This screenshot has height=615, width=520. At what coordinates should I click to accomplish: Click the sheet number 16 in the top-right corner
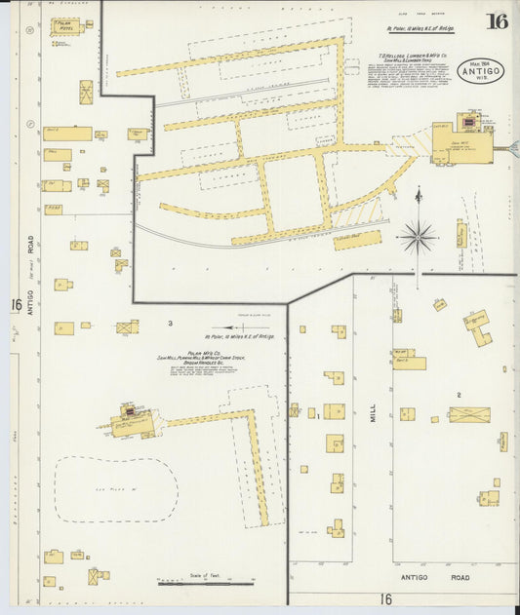(497, 21)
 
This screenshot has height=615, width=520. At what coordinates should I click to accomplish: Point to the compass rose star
(418, 237)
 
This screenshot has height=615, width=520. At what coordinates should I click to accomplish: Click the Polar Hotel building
(67, 26)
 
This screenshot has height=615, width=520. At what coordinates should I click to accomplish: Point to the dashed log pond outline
(115, 490)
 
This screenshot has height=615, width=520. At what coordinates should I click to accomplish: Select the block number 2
(458, 394)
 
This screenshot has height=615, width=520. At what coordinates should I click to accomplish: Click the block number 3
(170, 323)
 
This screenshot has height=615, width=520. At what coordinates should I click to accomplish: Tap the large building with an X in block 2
(468, 414)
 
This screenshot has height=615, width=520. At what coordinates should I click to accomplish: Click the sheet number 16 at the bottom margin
(385, 599)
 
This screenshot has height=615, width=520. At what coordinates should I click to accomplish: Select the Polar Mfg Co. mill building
(131, 423)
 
